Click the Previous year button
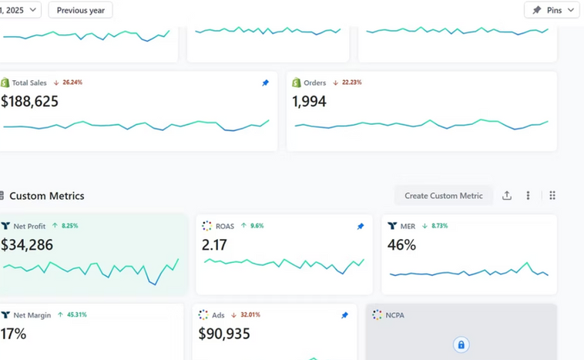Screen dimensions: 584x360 click(80, 10)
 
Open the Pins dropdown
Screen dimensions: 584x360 click(552, 10)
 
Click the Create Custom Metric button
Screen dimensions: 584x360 click(444, 196)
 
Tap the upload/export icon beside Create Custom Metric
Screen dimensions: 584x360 click(506, 196)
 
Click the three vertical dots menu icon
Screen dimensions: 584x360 click(528, 196)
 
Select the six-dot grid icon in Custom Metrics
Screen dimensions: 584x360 click(552, 196)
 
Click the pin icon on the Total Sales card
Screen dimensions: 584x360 click(265, 83)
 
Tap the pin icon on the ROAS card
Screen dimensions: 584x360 click(360, 226)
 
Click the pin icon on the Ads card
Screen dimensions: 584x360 click(344, 315)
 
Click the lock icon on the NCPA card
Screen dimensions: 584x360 click(461, 345)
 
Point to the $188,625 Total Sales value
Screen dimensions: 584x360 click(29, 101)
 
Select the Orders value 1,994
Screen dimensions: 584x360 click(309, 101)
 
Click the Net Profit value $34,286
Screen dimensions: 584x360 click(27, 245)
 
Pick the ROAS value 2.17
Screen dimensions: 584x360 click(214, 245)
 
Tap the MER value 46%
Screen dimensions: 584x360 click(401, 245)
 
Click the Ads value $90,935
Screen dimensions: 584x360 click(224, 334)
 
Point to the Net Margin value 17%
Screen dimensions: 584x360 click(13, 334)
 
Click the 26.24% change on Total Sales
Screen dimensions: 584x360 click(72, 82)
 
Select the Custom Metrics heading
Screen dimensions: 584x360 click(46, 196)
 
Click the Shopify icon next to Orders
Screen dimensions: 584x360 click(297, 82)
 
